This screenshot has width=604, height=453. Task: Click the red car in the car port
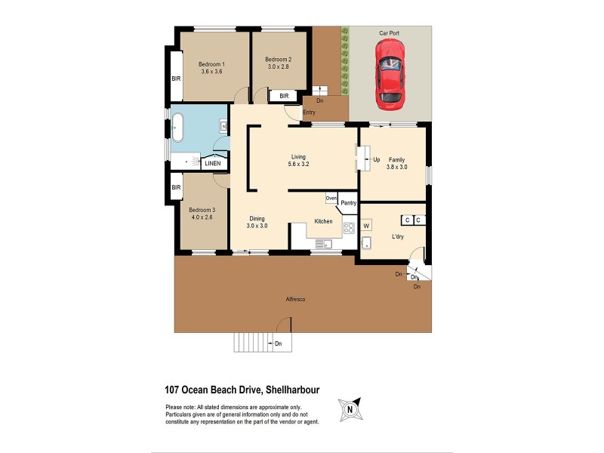[x=390, y=72]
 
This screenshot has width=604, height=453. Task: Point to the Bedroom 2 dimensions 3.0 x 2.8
[x=279, y=67]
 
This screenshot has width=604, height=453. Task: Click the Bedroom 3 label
[x=202, y=210]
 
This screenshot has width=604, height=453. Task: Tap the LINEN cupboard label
[x=213, y=163]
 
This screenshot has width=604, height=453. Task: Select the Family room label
[x=396, y=159]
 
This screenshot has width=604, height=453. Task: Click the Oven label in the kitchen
[x=331, y=199]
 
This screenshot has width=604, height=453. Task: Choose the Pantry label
[x=348, y=203]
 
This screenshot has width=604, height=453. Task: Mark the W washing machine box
[x=366, y=225]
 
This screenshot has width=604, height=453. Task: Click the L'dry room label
[x=397, y=237]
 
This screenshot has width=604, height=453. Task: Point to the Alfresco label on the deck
[x=295, y=300]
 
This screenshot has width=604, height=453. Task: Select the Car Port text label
[x=389, y=33]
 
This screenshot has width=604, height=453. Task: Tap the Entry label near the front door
[x=309, y=113]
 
